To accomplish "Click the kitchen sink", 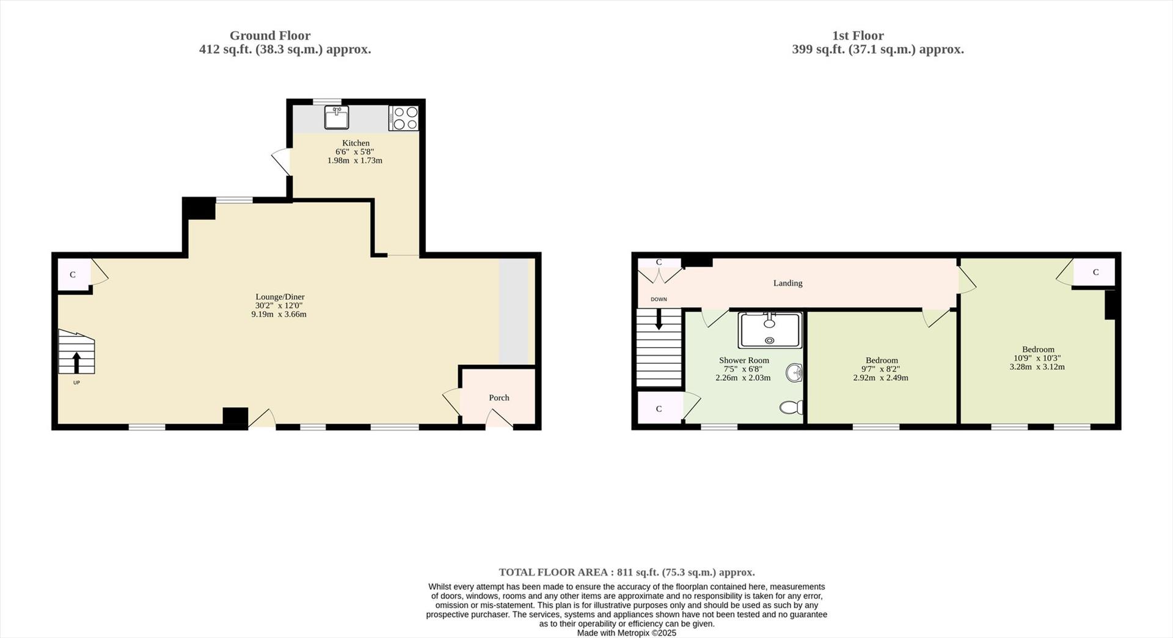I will [337, 117].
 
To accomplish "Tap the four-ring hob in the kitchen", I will [404, 118].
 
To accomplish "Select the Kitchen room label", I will [356, 143].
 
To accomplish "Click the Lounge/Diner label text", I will [280, 297].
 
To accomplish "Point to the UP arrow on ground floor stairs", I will [76, 362].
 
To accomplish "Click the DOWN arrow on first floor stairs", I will [659, 319].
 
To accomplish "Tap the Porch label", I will [499, 398].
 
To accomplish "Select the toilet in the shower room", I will [792, 407].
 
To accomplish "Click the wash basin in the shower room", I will [794, 372].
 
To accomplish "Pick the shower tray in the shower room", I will [769, 330].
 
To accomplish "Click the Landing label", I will [787, 283].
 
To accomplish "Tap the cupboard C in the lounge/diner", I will [73, 275].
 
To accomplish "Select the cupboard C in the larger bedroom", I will [1095, 273].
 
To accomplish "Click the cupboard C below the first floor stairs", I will [659, 409].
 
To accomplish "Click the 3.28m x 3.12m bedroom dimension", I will [1037, 367].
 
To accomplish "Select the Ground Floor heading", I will [270, 35].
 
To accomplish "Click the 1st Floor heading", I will [858, 35].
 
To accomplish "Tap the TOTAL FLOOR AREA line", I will [627, 573].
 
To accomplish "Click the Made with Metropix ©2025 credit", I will [627, 633].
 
